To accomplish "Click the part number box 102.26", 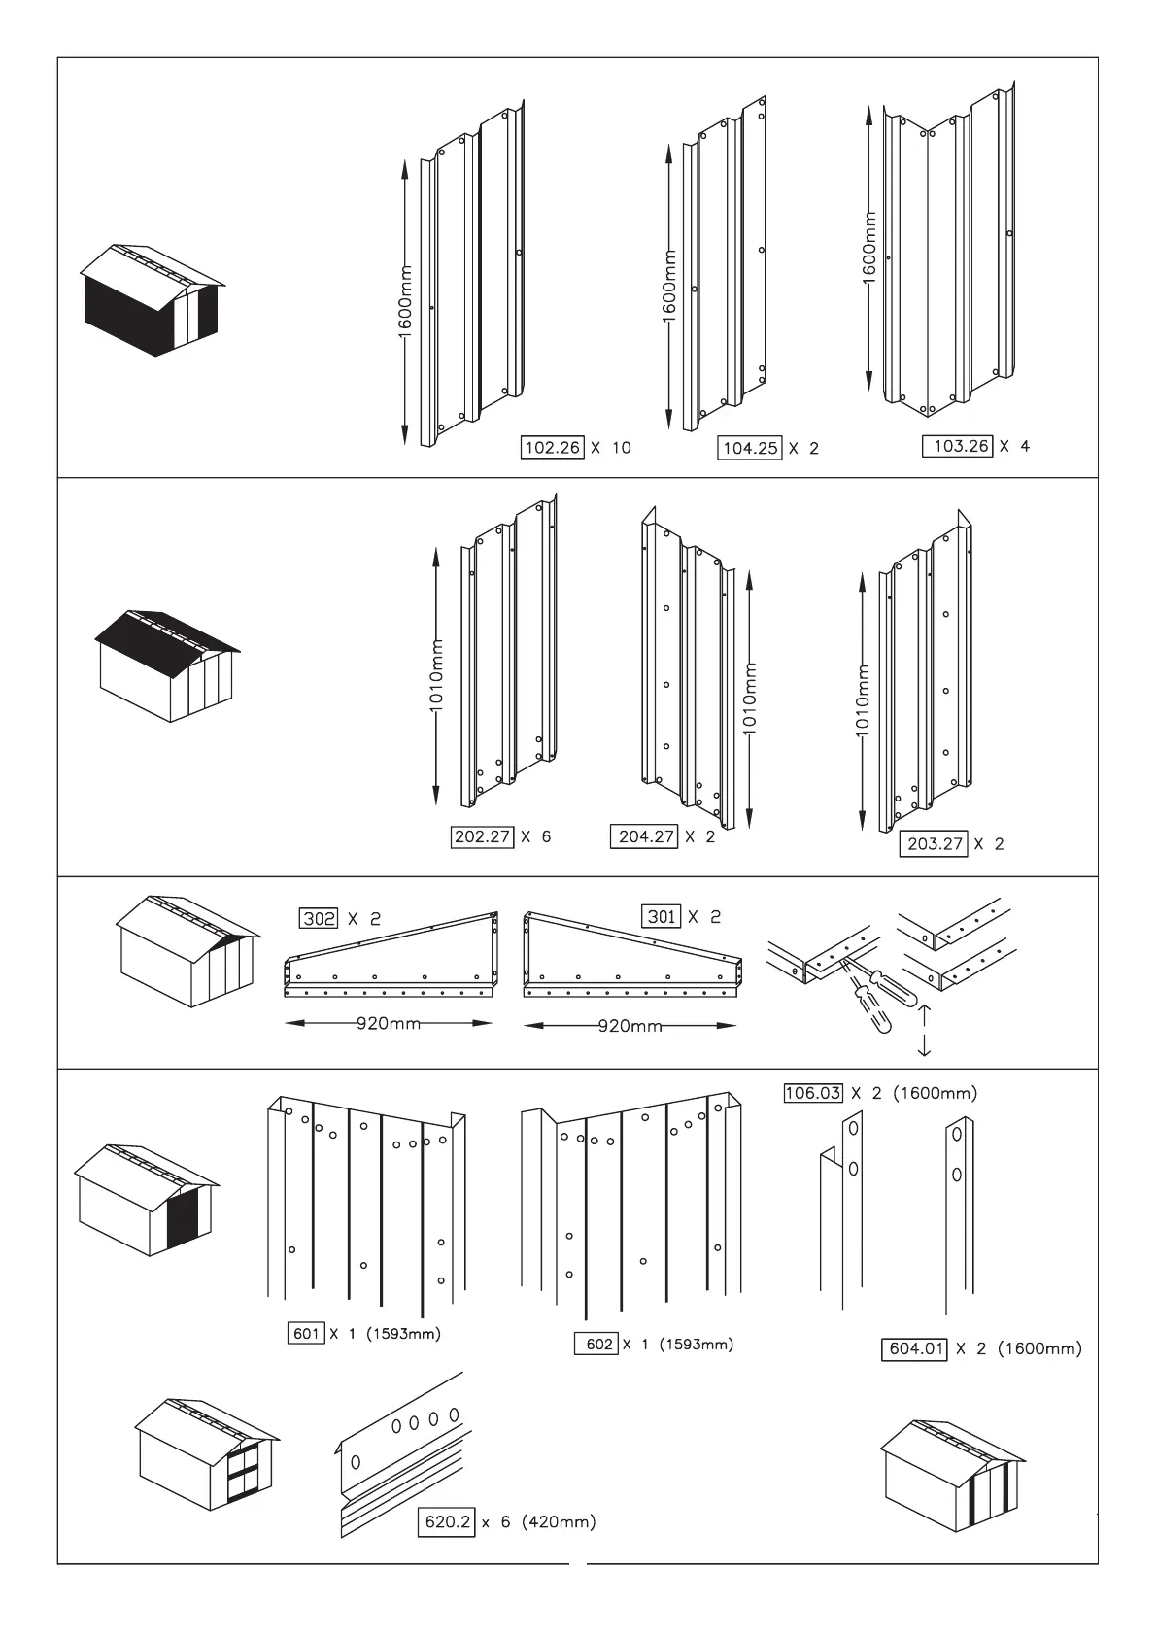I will point(553,448).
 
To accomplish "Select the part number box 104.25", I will point(750,449).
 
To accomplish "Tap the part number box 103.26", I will point(957,447).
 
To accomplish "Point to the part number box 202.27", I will point(482,836).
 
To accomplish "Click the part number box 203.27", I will point(935,843).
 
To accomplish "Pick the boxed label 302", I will point(320,918).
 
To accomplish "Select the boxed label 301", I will point(662,916).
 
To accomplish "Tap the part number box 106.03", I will point(812,1093).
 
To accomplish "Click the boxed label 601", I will point(306,1334).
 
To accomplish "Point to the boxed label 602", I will point(599,1345).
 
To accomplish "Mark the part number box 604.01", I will point(913,1348).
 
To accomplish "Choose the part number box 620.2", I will point(447,1522).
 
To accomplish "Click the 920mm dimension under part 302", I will point(389,1023).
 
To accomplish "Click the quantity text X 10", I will point(611,448).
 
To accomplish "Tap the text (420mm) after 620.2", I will point(559,1522).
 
